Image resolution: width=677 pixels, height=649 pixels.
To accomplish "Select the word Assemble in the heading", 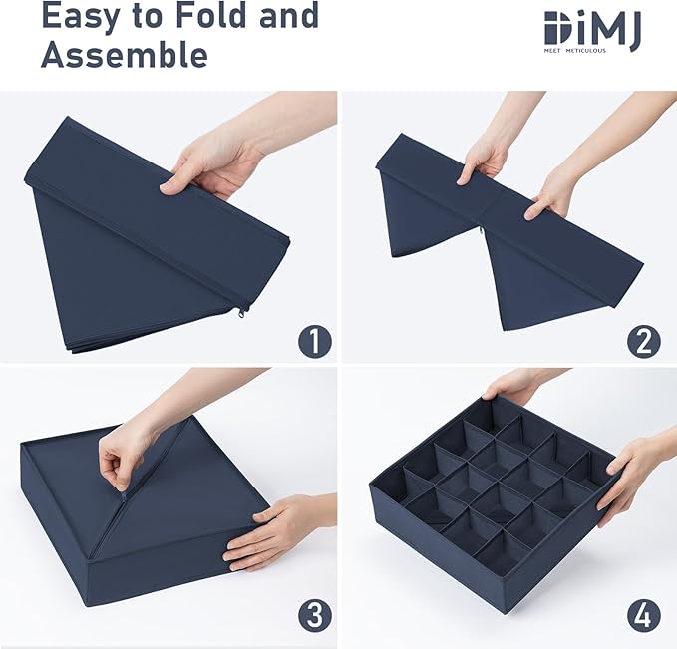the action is coord(125,54).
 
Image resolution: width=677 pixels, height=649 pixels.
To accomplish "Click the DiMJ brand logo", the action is coord(593,31).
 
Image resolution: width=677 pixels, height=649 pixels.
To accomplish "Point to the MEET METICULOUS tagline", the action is coord(574,51).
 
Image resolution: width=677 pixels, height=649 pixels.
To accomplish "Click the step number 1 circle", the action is coord(315,341).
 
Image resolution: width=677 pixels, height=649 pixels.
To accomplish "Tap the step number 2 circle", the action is coord(643,341).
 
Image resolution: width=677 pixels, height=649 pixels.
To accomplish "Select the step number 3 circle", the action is coord(315,616).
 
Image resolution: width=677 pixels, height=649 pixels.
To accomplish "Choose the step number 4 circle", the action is coord(643,616).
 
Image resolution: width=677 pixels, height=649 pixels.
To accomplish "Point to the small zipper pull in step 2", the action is coord(482,230).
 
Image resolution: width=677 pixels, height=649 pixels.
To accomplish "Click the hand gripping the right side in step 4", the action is coord(630,475).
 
